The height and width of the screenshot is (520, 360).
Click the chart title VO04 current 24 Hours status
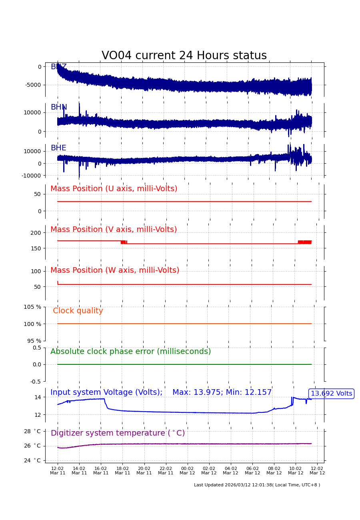184,56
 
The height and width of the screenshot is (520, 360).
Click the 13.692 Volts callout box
331,394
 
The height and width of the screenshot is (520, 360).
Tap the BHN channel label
59,108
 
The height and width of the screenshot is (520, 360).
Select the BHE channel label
58,148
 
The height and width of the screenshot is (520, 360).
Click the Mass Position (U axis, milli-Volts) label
114,189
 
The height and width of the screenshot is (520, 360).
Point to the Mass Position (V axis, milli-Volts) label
114,230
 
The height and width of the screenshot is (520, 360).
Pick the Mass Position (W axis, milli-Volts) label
115,270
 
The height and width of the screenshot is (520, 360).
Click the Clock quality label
78,311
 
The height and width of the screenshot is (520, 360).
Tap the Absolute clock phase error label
130,352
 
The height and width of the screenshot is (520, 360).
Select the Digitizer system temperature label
118,433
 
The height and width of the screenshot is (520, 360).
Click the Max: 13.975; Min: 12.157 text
222,392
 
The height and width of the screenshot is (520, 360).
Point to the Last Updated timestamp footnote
257,485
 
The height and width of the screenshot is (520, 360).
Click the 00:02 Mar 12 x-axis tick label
187,471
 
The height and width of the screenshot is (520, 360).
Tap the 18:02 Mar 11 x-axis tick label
122,471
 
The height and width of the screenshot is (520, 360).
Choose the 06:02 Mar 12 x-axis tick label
252,471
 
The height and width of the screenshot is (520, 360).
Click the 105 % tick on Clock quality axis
32,307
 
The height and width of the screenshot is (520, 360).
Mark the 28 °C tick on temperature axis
32,431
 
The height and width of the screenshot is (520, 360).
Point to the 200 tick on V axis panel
36,233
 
